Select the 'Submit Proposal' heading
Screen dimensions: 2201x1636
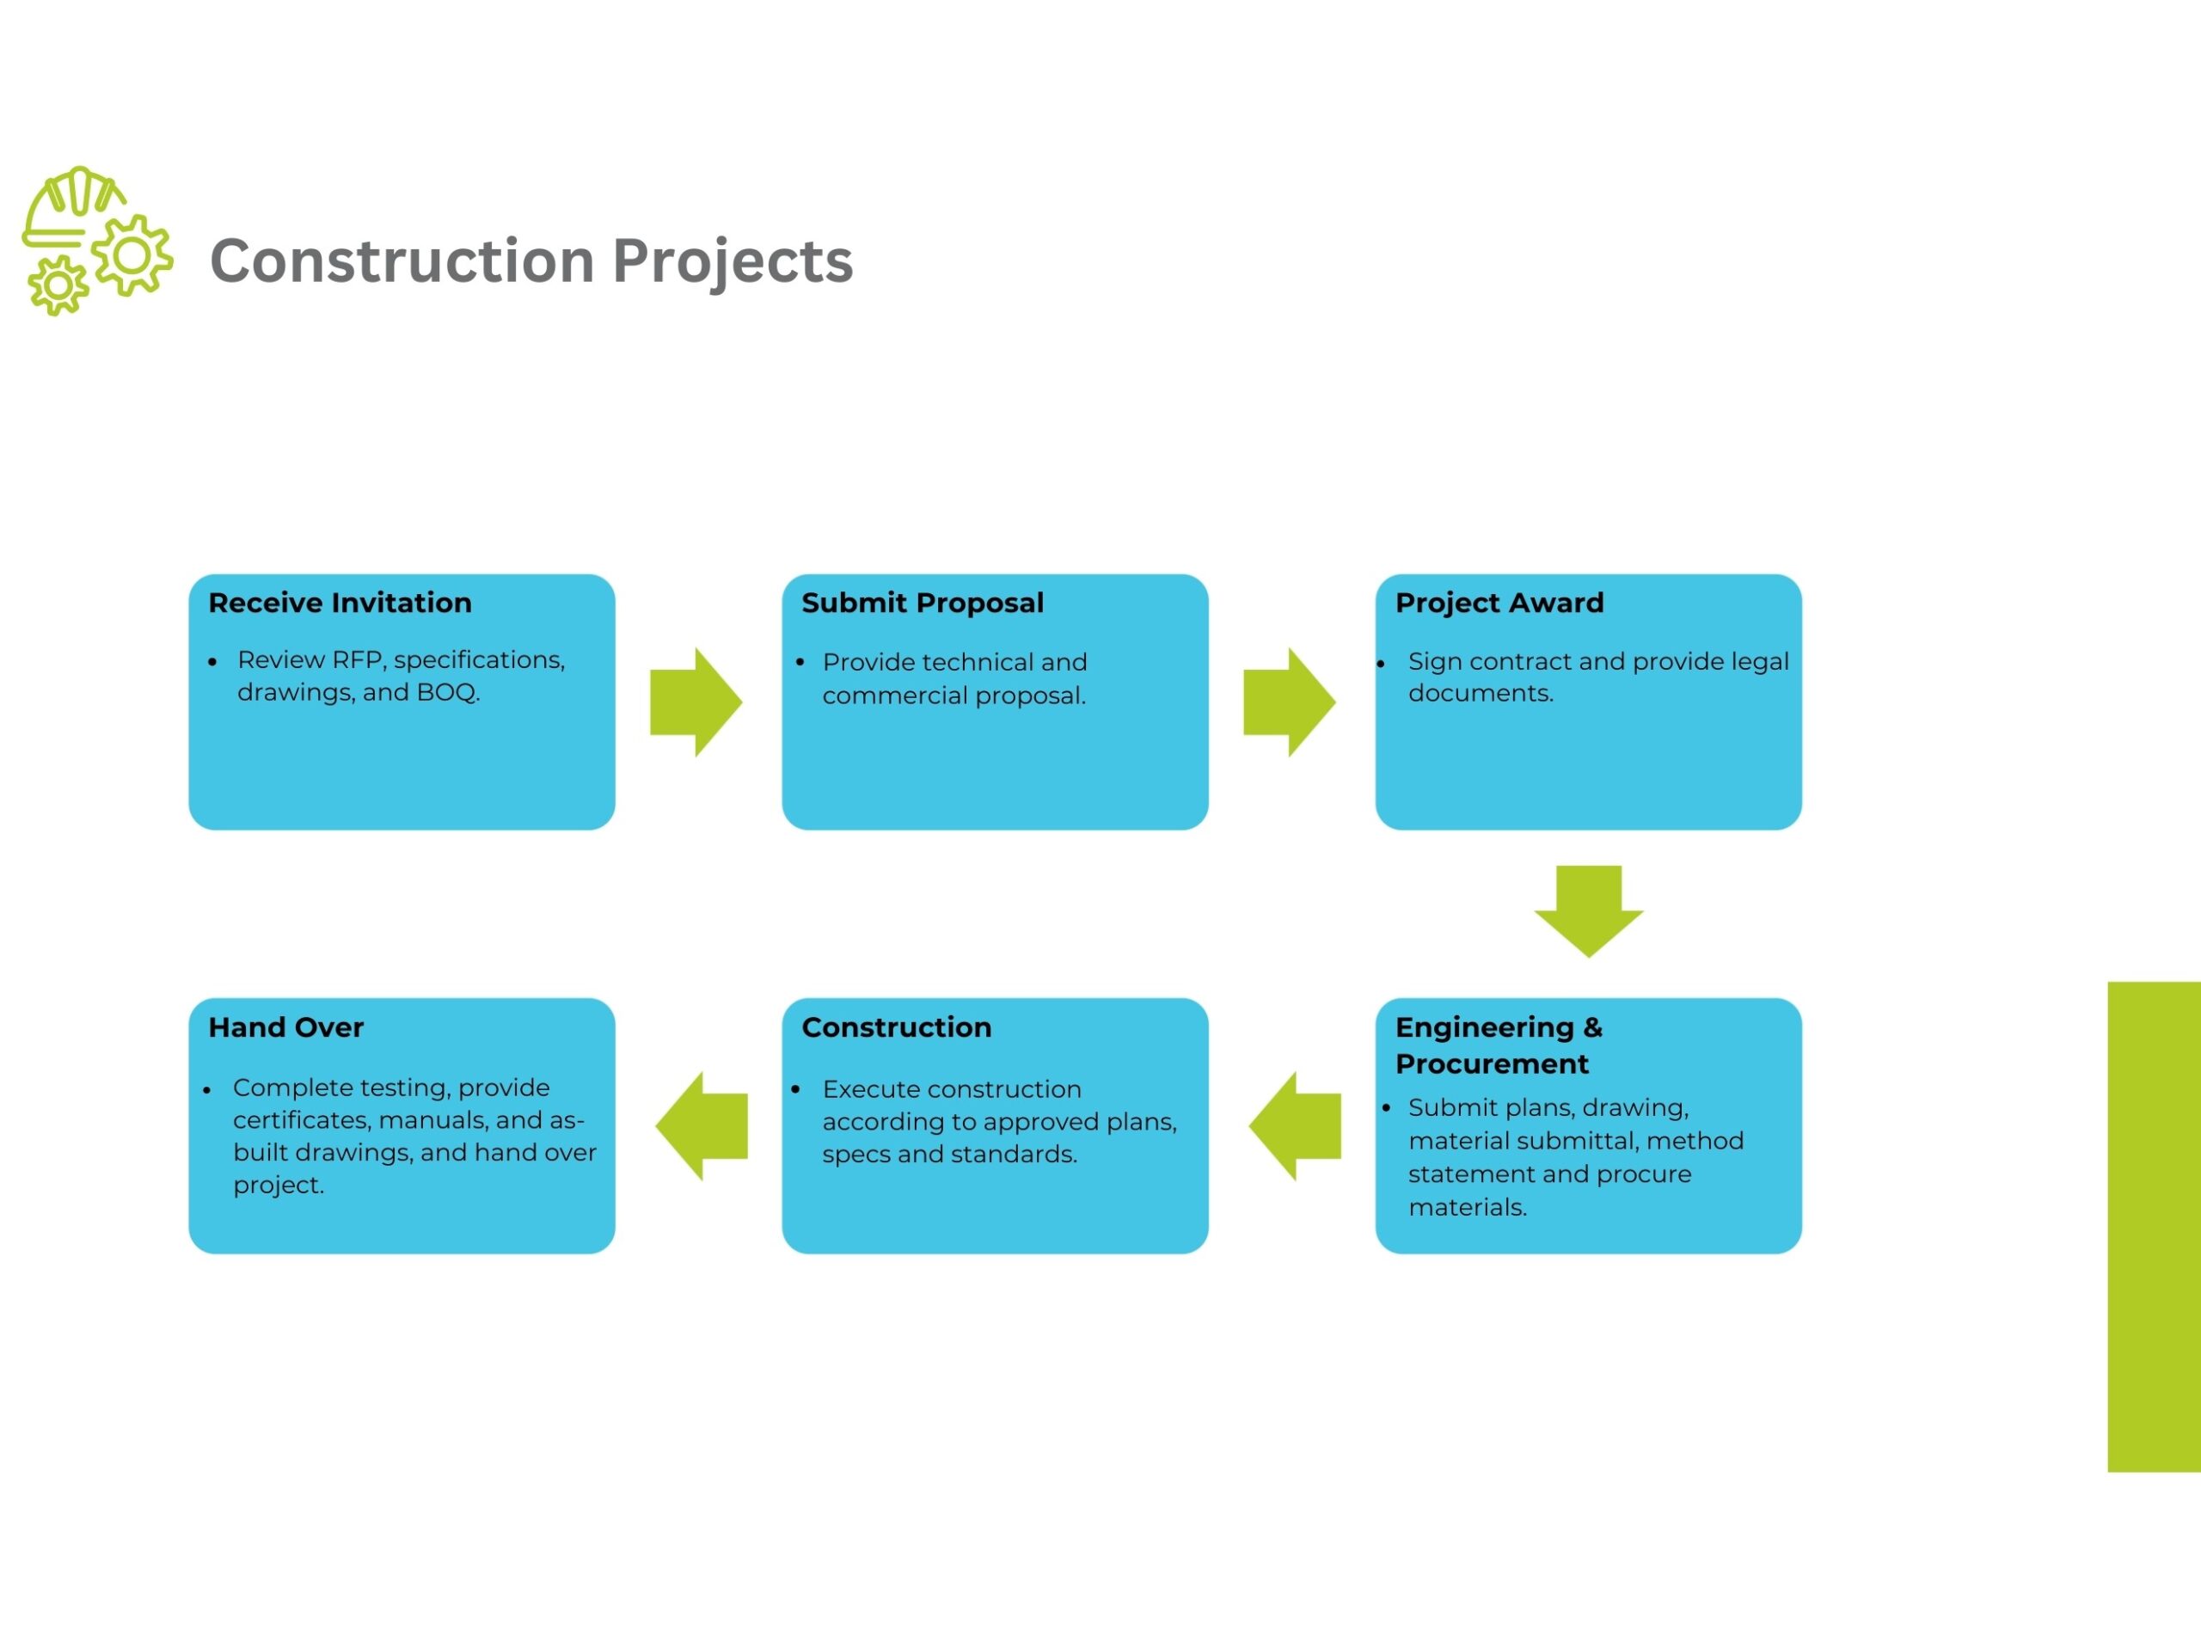click(922, 604)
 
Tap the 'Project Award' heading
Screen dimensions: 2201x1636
click(1499, 604)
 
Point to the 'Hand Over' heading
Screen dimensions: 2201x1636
click(286, 1027)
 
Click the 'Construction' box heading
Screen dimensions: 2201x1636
click(896, 1027)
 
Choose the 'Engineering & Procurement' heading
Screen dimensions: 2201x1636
click(1498, 1045)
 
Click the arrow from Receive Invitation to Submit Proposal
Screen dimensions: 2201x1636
click(696, 702)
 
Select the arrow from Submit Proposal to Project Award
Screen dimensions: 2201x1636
click(1289, 702)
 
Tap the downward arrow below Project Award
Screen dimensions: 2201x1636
click(1588, 911)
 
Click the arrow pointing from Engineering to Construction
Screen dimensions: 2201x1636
click(1294, 1126)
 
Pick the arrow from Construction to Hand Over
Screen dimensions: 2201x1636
click(701, 1126)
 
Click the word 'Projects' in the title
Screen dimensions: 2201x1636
click(733, 261)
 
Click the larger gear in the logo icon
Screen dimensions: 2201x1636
click(132, 255)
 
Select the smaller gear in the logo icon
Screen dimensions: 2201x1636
click(58, 286)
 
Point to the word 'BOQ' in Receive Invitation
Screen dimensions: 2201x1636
click(446, 692)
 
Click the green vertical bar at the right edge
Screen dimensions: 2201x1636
click(2154, 1227)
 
